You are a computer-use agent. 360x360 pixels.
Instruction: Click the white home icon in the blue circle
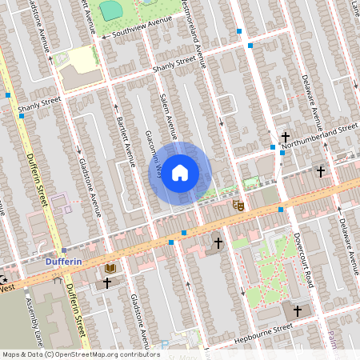(180, 172)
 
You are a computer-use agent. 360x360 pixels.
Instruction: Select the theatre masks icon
(237, 206)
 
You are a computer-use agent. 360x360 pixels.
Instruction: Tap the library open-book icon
(110, 269)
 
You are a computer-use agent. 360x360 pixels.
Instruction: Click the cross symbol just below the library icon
(106, 282)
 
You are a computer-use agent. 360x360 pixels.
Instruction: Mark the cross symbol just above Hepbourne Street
(297, 310)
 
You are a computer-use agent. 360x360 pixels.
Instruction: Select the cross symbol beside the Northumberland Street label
(285, 138)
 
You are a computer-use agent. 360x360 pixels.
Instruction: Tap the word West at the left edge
(7, 287)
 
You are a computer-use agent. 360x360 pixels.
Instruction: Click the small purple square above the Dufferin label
(65, 250)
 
